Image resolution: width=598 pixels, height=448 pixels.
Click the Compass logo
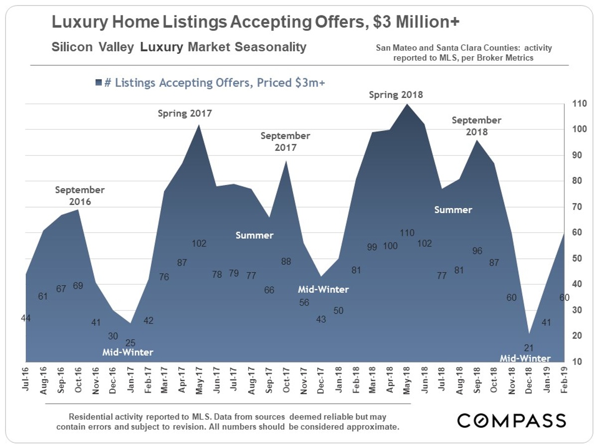pyautogui.click(x=512, y=420)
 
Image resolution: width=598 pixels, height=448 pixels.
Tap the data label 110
pyautogui.click(x=407, y=232)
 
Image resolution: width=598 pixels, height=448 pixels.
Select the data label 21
pyautogui.click(x=529, y=347)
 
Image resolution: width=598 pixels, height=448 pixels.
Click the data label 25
pyautogui.click(x=130, y=342)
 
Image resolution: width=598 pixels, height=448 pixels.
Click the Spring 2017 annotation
pyautogui.click(x=185, y=113)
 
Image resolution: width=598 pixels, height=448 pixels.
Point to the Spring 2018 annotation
pyautogui.click(x=396, y=95)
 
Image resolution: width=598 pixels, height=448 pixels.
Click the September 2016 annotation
pyautogui.click(x=80, y=196)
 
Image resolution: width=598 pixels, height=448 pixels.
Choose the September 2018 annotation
pyautogui.click(x=476, y=126)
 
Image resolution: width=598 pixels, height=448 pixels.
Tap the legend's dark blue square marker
pyautogui.click(x=98, y=83)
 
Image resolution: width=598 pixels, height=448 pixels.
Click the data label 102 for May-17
pyautogui.click(x=199, y=244)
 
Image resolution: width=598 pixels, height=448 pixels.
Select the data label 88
pyautogui.click(x=286, y=260)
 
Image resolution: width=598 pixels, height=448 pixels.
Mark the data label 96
pyautogui.click(x=477, y=251)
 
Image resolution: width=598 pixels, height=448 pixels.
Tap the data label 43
pyautogui.click(x=321, y=319)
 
